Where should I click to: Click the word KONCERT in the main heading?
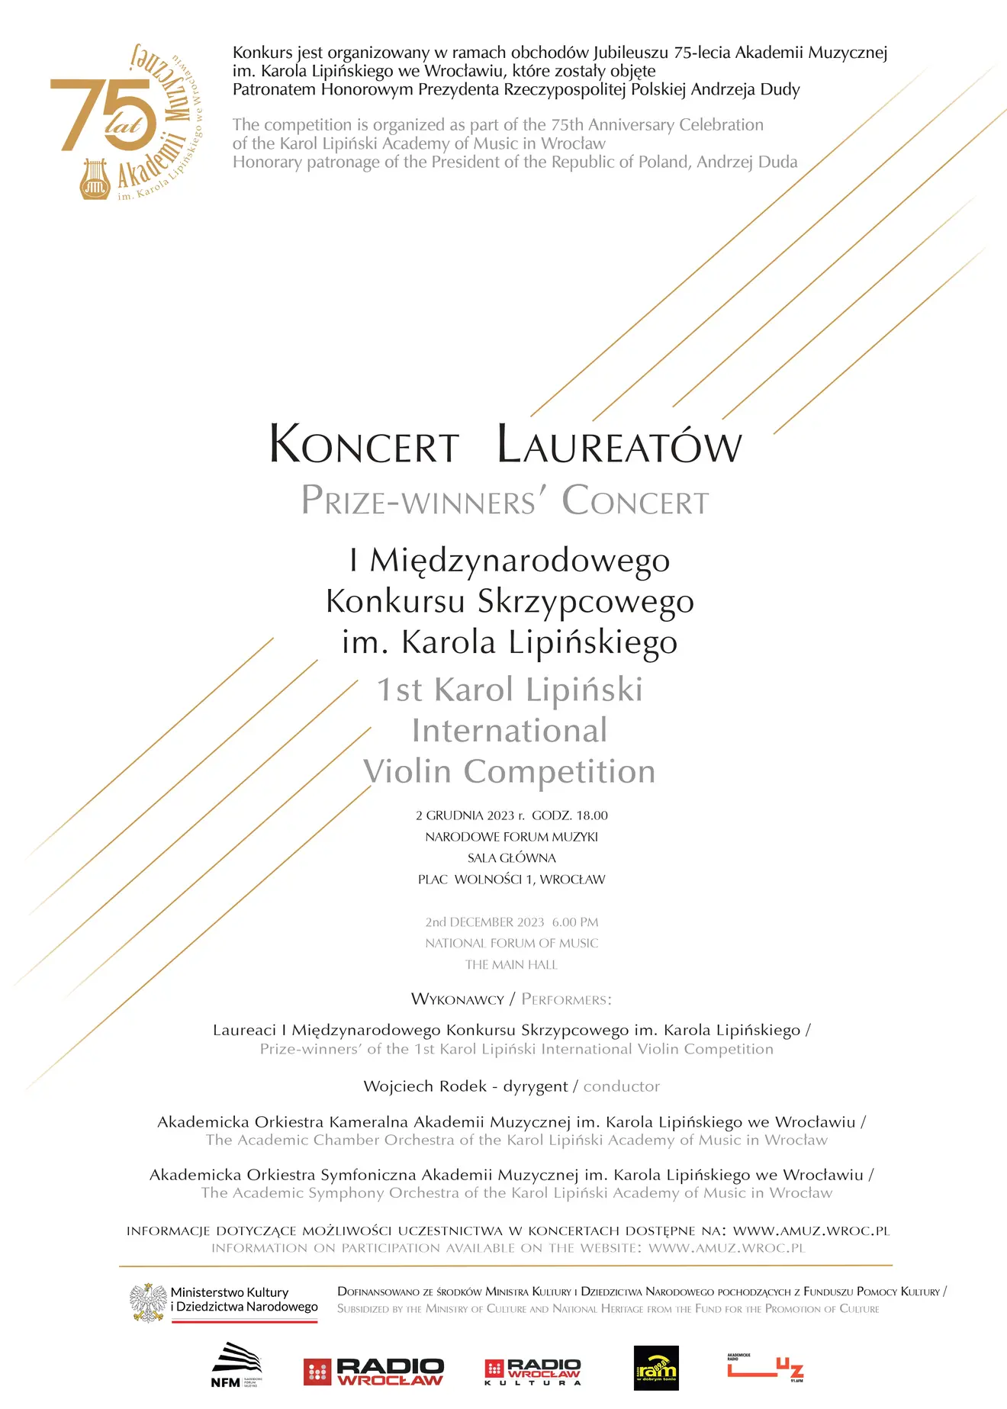coord(364,445)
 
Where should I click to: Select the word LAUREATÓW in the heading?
coord(619,445)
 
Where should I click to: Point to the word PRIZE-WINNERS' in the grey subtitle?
coord(419,501)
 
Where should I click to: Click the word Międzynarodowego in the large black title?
coord(520,561)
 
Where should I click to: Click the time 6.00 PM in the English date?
coord(575,922)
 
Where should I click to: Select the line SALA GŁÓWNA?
coord(512,858)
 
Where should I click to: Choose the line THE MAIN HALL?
coord(512,965)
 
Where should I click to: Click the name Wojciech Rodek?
coord(425,1086)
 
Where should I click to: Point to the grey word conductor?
coord(622,1086)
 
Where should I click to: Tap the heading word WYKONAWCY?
coord(458,999)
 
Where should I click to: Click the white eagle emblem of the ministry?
coord(148,1302)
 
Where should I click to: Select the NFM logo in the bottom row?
coord(236,1366)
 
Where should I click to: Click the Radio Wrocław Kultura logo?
coord(533,1371)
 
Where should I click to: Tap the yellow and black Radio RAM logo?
coord(656,1369)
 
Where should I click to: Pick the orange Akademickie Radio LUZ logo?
coord(765,1368)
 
